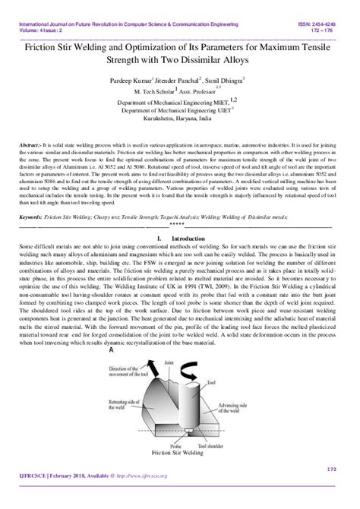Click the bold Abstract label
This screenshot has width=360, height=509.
[32, 143]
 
